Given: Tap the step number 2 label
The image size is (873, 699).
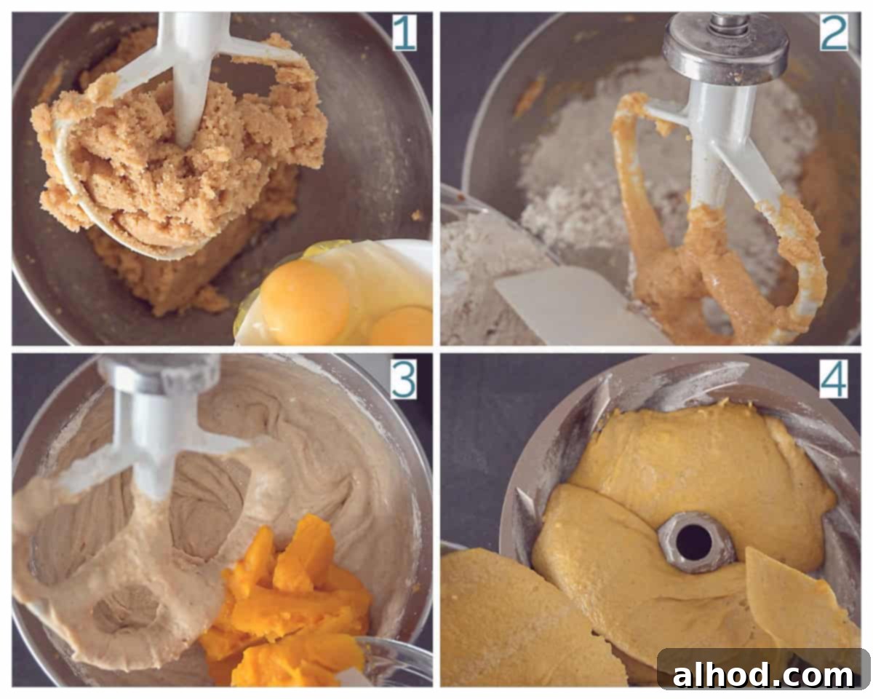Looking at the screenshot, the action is pos(834,33).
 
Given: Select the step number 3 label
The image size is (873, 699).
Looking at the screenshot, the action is pos(404,380).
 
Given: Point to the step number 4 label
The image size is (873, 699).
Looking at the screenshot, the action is pos(834,379).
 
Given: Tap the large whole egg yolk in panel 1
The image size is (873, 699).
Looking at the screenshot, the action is pos(305,301).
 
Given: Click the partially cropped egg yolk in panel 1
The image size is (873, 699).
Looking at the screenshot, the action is pos(402,325).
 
